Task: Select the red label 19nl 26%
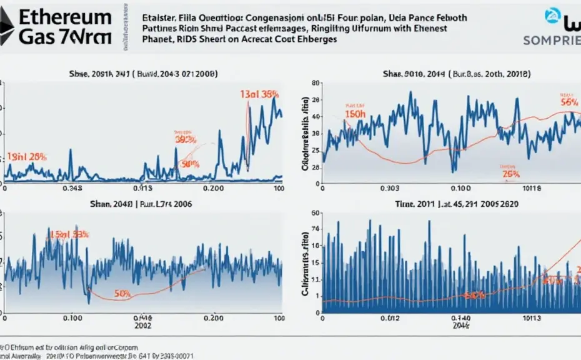click(x=27, y=156)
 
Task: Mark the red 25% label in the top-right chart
click(x=511, y=174)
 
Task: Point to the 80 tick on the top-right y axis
click(x=316, y=82)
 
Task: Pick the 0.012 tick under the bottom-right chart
click(x=390, y=317)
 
